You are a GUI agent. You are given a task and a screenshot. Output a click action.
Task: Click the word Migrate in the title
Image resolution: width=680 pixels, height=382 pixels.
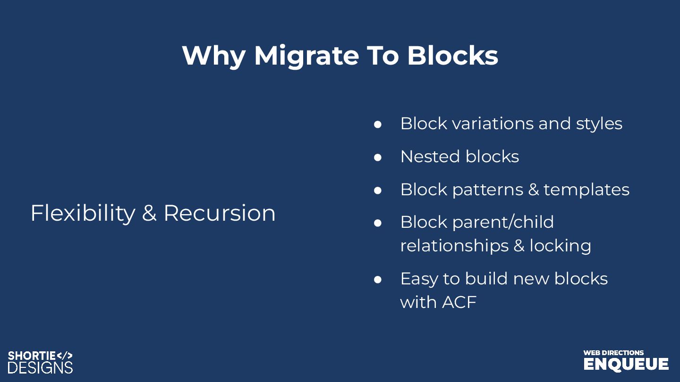[306, 56]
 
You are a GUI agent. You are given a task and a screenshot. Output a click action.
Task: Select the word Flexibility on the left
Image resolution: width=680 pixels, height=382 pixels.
[83, 213]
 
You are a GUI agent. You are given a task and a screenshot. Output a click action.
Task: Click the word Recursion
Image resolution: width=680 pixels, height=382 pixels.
[220, 213]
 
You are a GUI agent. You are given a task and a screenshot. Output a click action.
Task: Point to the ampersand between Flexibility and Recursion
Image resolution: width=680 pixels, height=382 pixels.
[149, 214]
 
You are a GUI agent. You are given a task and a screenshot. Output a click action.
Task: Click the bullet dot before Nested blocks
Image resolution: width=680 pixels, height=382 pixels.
[377, 157]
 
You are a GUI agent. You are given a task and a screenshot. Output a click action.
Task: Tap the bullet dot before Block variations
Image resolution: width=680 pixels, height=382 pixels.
[377, 124]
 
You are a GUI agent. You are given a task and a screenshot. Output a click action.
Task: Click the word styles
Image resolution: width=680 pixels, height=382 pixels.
[599, 124]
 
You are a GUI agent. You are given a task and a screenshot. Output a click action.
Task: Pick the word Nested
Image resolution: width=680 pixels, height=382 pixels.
[430, 157]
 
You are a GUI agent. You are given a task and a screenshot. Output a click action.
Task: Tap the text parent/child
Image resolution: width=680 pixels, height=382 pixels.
[503, 222]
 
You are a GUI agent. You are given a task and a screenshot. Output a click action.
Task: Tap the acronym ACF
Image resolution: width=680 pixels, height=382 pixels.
[459, 302]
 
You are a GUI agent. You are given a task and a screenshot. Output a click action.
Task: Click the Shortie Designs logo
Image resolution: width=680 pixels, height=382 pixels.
[41, 362]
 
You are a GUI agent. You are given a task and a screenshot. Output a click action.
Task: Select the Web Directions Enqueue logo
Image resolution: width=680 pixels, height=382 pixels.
[626, 360]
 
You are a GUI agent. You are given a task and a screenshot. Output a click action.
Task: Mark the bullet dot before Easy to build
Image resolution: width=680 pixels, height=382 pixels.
[377, 279]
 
